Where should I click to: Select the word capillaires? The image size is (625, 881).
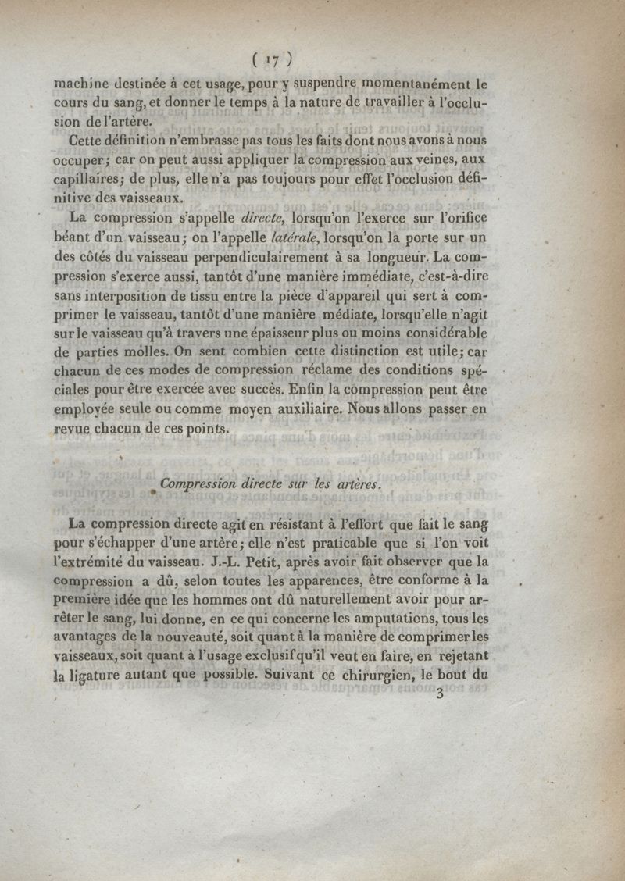click(89, 179)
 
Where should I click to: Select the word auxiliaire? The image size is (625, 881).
click(304, 408)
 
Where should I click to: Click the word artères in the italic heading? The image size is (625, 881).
click(359, 484)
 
